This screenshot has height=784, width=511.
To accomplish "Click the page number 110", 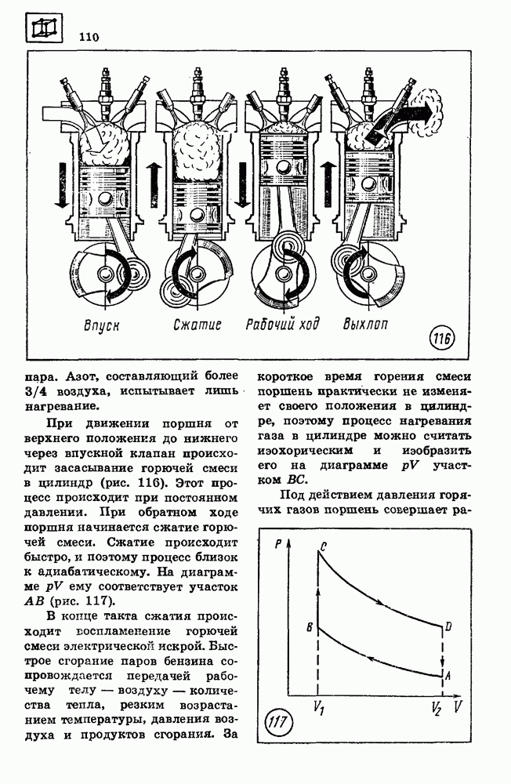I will pos(88,36).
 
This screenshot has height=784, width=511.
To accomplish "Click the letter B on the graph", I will pos(310,627).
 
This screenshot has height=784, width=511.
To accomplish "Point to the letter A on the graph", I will pos(448,675).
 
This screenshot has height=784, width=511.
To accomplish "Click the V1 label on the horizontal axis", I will pos(318,707).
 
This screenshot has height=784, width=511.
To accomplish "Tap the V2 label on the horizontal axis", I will pos(437,708).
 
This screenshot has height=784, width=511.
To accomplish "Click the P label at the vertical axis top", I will pos(278,544).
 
